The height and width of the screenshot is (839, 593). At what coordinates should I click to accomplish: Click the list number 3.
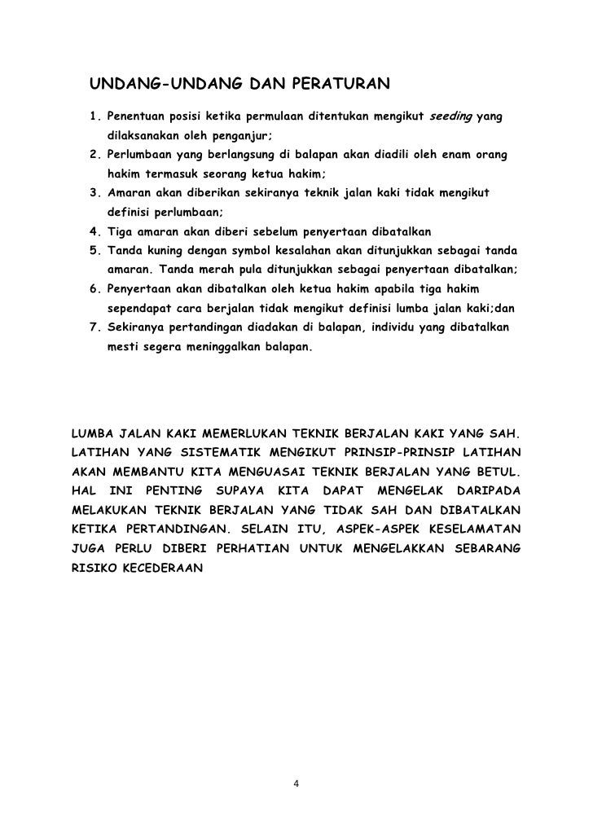[x=94, y=193]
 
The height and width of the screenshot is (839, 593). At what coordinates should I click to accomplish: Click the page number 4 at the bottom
[x=296, y=784]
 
